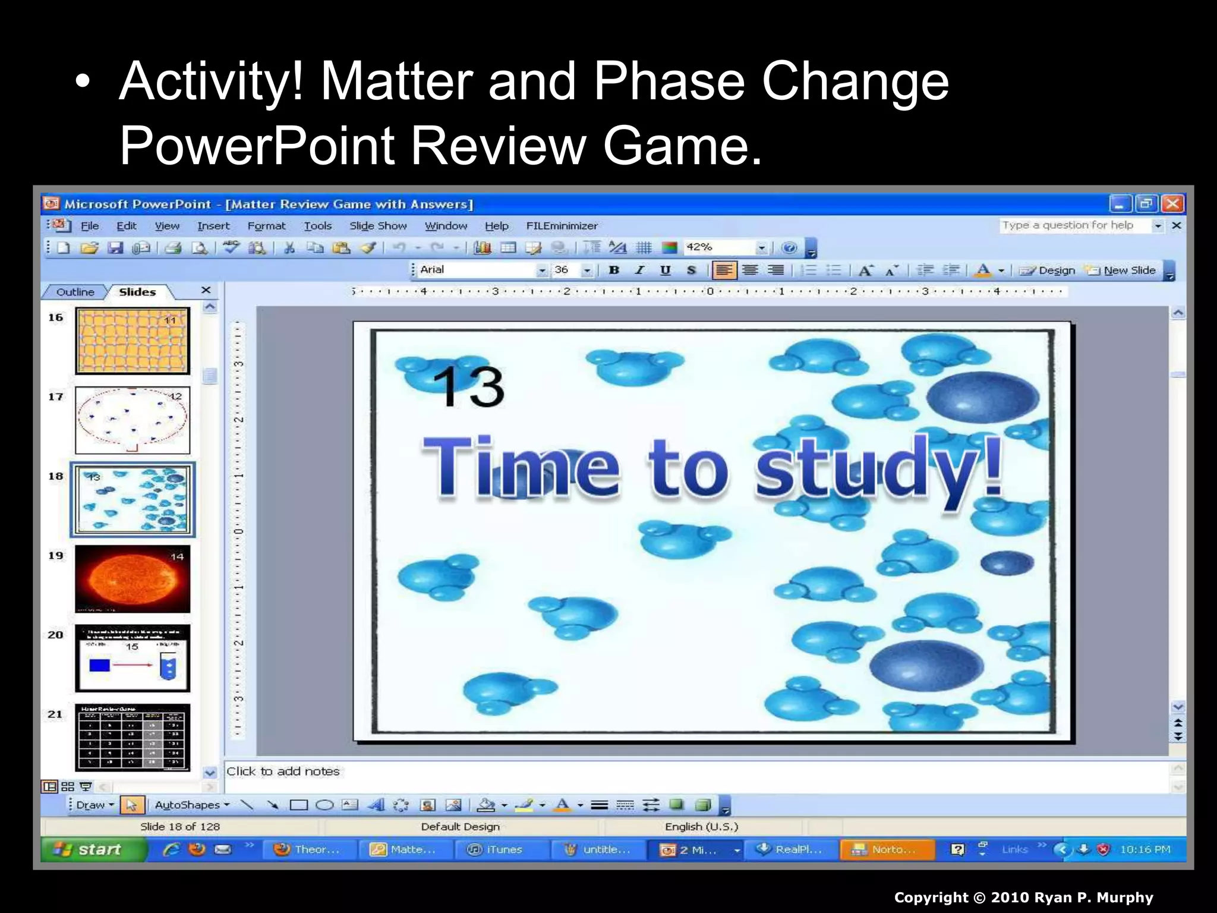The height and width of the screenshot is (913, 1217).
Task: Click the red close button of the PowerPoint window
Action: coord(1172,204)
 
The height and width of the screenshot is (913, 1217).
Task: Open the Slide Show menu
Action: coord(378,226)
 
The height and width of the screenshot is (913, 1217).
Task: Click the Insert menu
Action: coord(213,226)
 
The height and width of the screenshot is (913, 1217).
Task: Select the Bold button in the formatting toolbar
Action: coord(614,270)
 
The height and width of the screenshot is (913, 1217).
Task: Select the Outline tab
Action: coord(75,292)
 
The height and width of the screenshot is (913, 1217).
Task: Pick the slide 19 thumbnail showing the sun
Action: coord(133,579)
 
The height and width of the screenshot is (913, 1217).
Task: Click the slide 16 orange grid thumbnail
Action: coord(133,341)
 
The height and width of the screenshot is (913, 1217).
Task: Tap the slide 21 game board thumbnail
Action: coord(133,738)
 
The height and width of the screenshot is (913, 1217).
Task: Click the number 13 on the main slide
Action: coord(469,387)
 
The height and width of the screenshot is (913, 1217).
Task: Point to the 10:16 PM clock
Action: coord(1145,849)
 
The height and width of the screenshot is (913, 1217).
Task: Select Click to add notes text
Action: coord(283,772)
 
